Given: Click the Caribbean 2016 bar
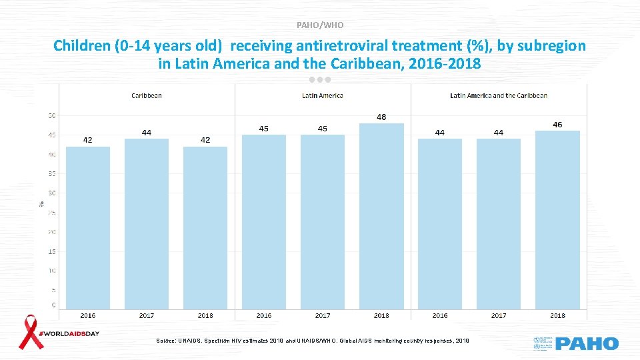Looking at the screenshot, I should (x=87, y=227).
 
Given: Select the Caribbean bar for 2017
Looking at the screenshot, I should (x=146, y=223).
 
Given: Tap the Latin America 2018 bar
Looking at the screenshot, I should (x=381, y=216).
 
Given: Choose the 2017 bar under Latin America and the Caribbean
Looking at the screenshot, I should (x=499, y=223).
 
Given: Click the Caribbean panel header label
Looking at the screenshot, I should (x=147, y=95).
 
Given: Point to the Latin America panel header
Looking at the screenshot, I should (x=323, y=95).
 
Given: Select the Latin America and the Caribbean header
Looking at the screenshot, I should (x=499, y=95).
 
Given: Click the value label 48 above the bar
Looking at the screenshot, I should (x=381, y=117).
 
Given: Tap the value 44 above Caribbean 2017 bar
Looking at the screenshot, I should (x=146, y=133).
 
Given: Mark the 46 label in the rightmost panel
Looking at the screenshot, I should (x=557, y=125).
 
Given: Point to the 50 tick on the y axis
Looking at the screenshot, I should (x=51, y=115).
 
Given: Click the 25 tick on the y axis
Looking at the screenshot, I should (x=51, y=213).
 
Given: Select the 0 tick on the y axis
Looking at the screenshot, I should (x=53, y=305).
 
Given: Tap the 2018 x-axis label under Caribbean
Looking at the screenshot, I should (x=205, y=315).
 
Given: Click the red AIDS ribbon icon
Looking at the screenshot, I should (x=30, y=332).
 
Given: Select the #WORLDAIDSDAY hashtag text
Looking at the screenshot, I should (x=71, y=333).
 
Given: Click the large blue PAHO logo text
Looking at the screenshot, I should (x=587, y=344).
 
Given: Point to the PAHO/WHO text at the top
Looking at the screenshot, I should (x=320, y=25).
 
